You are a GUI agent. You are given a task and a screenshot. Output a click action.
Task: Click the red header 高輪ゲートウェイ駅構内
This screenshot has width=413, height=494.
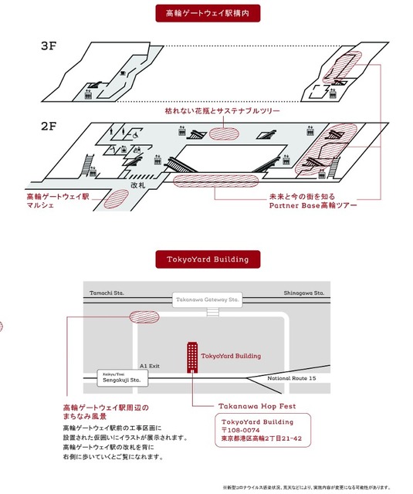(206, 13)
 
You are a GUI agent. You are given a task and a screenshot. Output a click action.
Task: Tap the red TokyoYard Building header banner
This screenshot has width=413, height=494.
(206, 259)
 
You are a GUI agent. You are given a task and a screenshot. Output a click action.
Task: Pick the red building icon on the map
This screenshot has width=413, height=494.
(190, 356)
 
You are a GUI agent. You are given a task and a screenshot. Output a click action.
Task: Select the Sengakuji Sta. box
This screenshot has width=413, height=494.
(120, 378)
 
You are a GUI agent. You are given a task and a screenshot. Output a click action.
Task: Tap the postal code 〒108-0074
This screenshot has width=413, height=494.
(244, 431)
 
